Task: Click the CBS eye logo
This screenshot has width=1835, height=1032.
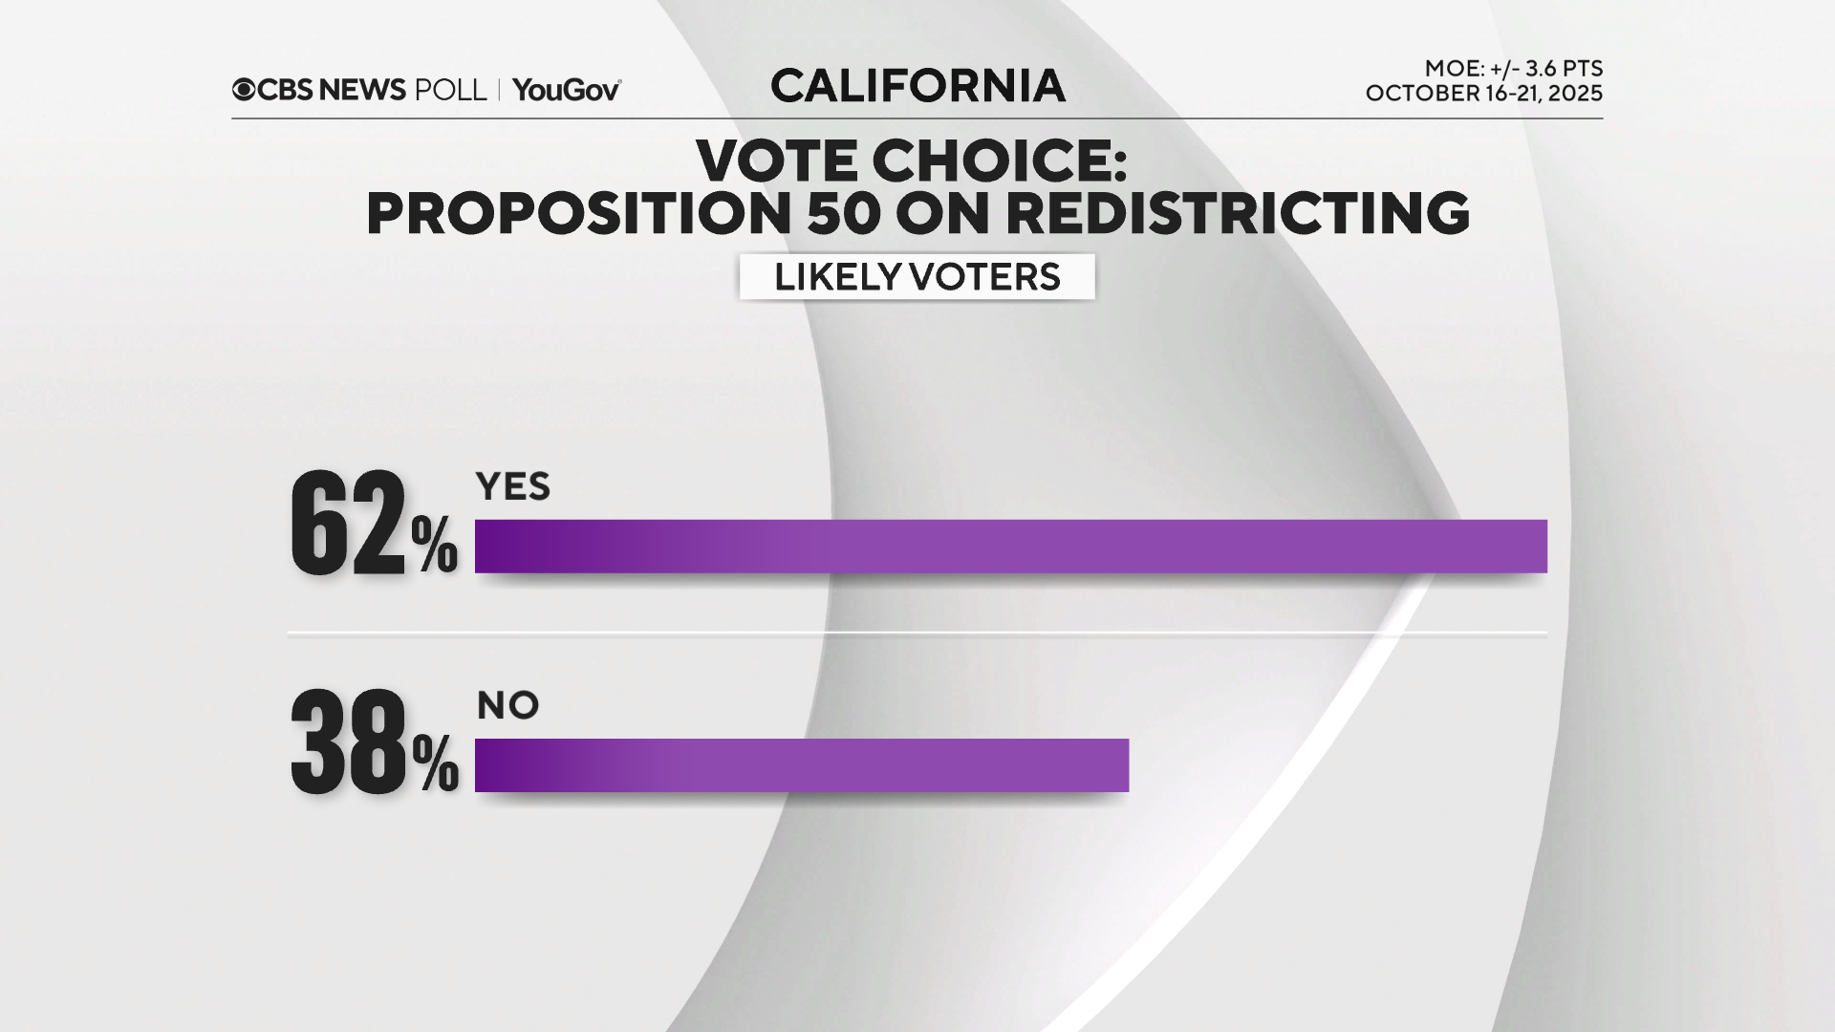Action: click(x=244, y=90)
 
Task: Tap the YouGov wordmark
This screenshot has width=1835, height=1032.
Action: click(x=566, y=90)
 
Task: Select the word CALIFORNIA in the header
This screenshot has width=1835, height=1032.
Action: click(x=917, y=86)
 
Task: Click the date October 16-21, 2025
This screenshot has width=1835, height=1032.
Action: click(x=1483, y=94)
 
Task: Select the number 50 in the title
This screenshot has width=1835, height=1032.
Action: click(x=843, y=213)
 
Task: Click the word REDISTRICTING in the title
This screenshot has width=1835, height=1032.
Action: click(x=1238, y=213)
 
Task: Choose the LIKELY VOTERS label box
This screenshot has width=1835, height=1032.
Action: click(x=917, y=277)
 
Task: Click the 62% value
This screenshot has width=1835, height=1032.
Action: click(x=373, y=525)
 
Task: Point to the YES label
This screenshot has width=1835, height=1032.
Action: click(x=513, y=487)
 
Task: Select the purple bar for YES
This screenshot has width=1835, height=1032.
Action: click(x=1010, y=547)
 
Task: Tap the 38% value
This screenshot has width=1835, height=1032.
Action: click(x=373, y=743)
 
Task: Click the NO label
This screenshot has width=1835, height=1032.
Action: click(x=507, y=706)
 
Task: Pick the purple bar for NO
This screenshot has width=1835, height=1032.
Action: click(x=801, y=765)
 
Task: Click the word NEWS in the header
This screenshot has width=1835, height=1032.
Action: click(x=362, y=90)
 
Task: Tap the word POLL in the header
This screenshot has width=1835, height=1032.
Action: click(x=450, y=90)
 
